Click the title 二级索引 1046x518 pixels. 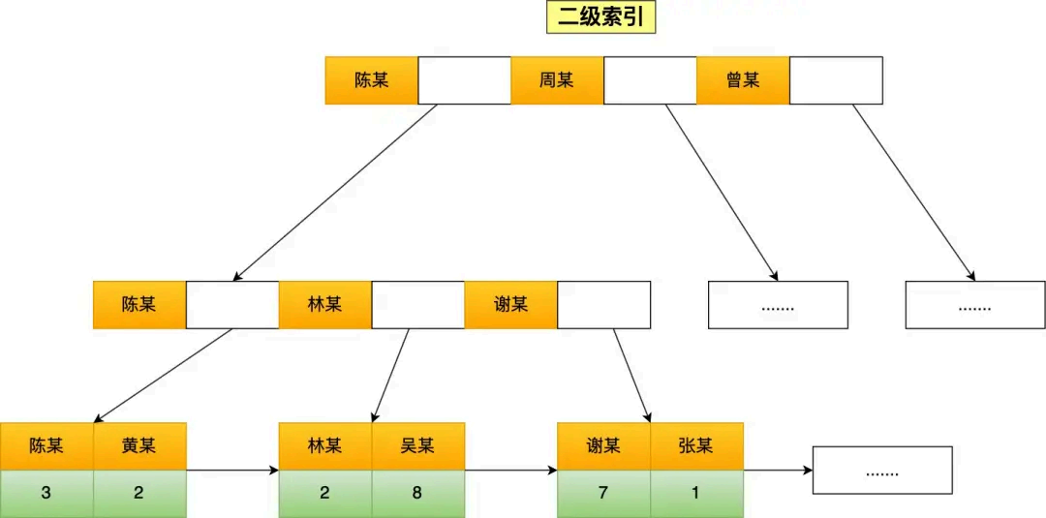[601, 17]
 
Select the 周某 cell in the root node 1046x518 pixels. [557, 80]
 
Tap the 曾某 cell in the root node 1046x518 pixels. [743, 80]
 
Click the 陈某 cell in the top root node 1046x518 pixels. [371, 80]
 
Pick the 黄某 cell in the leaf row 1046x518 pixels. [138, 445]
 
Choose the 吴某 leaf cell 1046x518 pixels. [417, 445]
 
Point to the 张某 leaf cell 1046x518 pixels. [696, 445]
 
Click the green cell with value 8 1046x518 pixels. [417, 493]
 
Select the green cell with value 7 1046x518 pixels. [603, 493]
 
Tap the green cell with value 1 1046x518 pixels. [696, 493]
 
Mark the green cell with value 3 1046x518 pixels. [46, 493]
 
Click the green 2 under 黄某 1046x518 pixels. [138, 493]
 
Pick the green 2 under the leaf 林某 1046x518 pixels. [324, 493]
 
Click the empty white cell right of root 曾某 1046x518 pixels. [836, 80]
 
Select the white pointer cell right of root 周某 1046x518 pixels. [650, 80]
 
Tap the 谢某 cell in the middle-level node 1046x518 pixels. [510, 305]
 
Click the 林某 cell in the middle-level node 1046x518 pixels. [324, 305]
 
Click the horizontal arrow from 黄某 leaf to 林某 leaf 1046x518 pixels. [232, 471]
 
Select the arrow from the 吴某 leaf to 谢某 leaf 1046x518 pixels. [511, 471]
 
